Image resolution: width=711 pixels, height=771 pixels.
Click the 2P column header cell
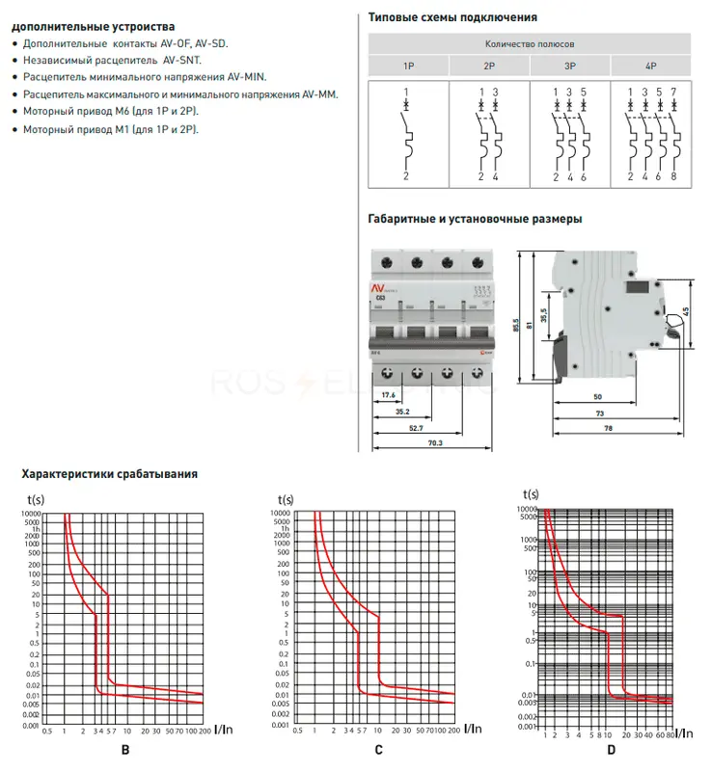489,66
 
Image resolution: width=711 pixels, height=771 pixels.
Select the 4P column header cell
650,66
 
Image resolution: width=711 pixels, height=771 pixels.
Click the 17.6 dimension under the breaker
387,394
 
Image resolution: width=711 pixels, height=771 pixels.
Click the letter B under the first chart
124,750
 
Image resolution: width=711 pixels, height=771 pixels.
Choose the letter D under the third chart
611,750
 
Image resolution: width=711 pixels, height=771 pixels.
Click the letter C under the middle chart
378,750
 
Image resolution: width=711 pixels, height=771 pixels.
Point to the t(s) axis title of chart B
39,499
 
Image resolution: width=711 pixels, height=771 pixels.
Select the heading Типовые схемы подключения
453,17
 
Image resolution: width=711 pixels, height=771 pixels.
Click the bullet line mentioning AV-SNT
112,60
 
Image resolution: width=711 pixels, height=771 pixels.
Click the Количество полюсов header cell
530,44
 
